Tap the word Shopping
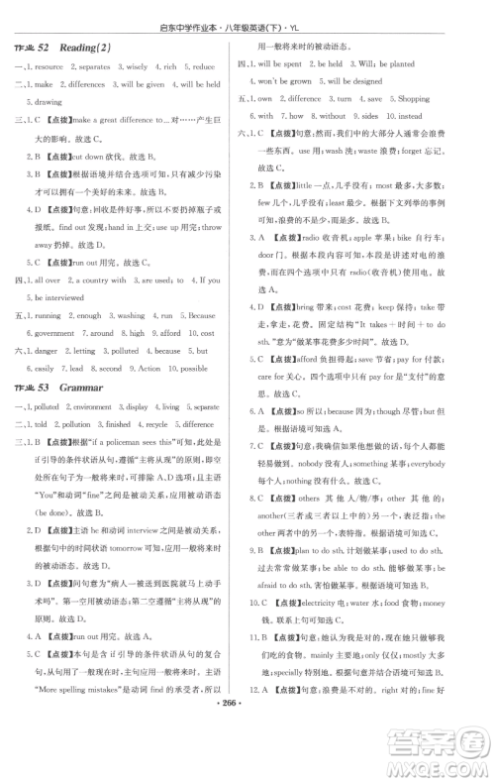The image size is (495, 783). click(x=413, y=100)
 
